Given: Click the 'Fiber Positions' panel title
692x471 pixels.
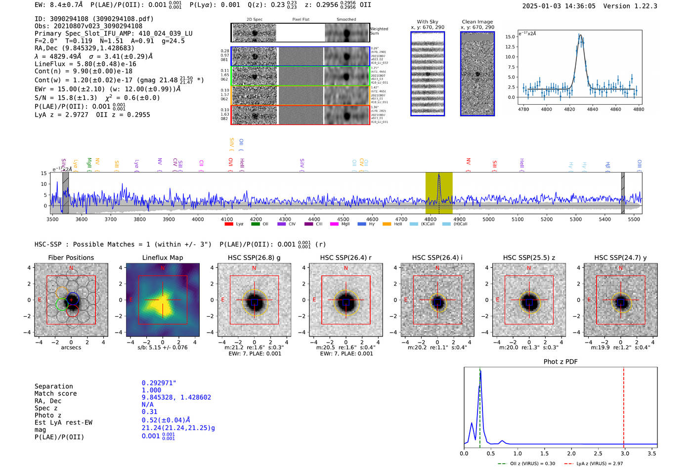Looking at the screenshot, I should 71,257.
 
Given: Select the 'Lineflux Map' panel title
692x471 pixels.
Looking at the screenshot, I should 162,257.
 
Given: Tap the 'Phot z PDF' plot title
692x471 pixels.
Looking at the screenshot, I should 560,362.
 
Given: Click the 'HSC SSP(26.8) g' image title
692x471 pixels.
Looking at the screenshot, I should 254,257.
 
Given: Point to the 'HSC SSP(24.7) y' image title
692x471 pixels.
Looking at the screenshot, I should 620,257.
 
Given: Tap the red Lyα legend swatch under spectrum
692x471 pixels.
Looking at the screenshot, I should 229,224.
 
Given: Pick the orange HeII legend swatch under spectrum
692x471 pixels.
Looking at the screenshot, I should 387,224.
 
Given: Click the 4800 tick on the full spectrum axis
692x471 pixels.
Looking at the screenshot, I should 431,219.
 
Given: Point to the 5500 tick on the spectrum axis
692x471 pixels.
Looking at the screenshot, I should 634,219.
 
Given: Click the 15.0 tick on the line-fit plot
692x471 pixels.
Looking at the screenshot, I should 510,37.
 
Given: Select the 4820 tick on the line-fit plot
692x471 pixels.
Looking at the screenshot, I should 569,109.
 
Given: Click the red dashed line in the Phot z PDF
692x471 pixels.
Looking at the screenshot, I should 623,405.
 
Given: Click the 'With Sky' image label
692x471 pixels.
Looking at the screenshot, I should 428,22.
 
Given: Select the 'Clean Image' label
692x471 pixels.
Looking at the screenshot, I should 477,22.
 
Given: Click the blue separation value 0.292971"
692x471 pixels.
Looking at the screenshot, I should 159,383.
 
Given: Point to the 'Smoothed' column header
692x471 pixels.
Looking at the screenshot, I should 346,20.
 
